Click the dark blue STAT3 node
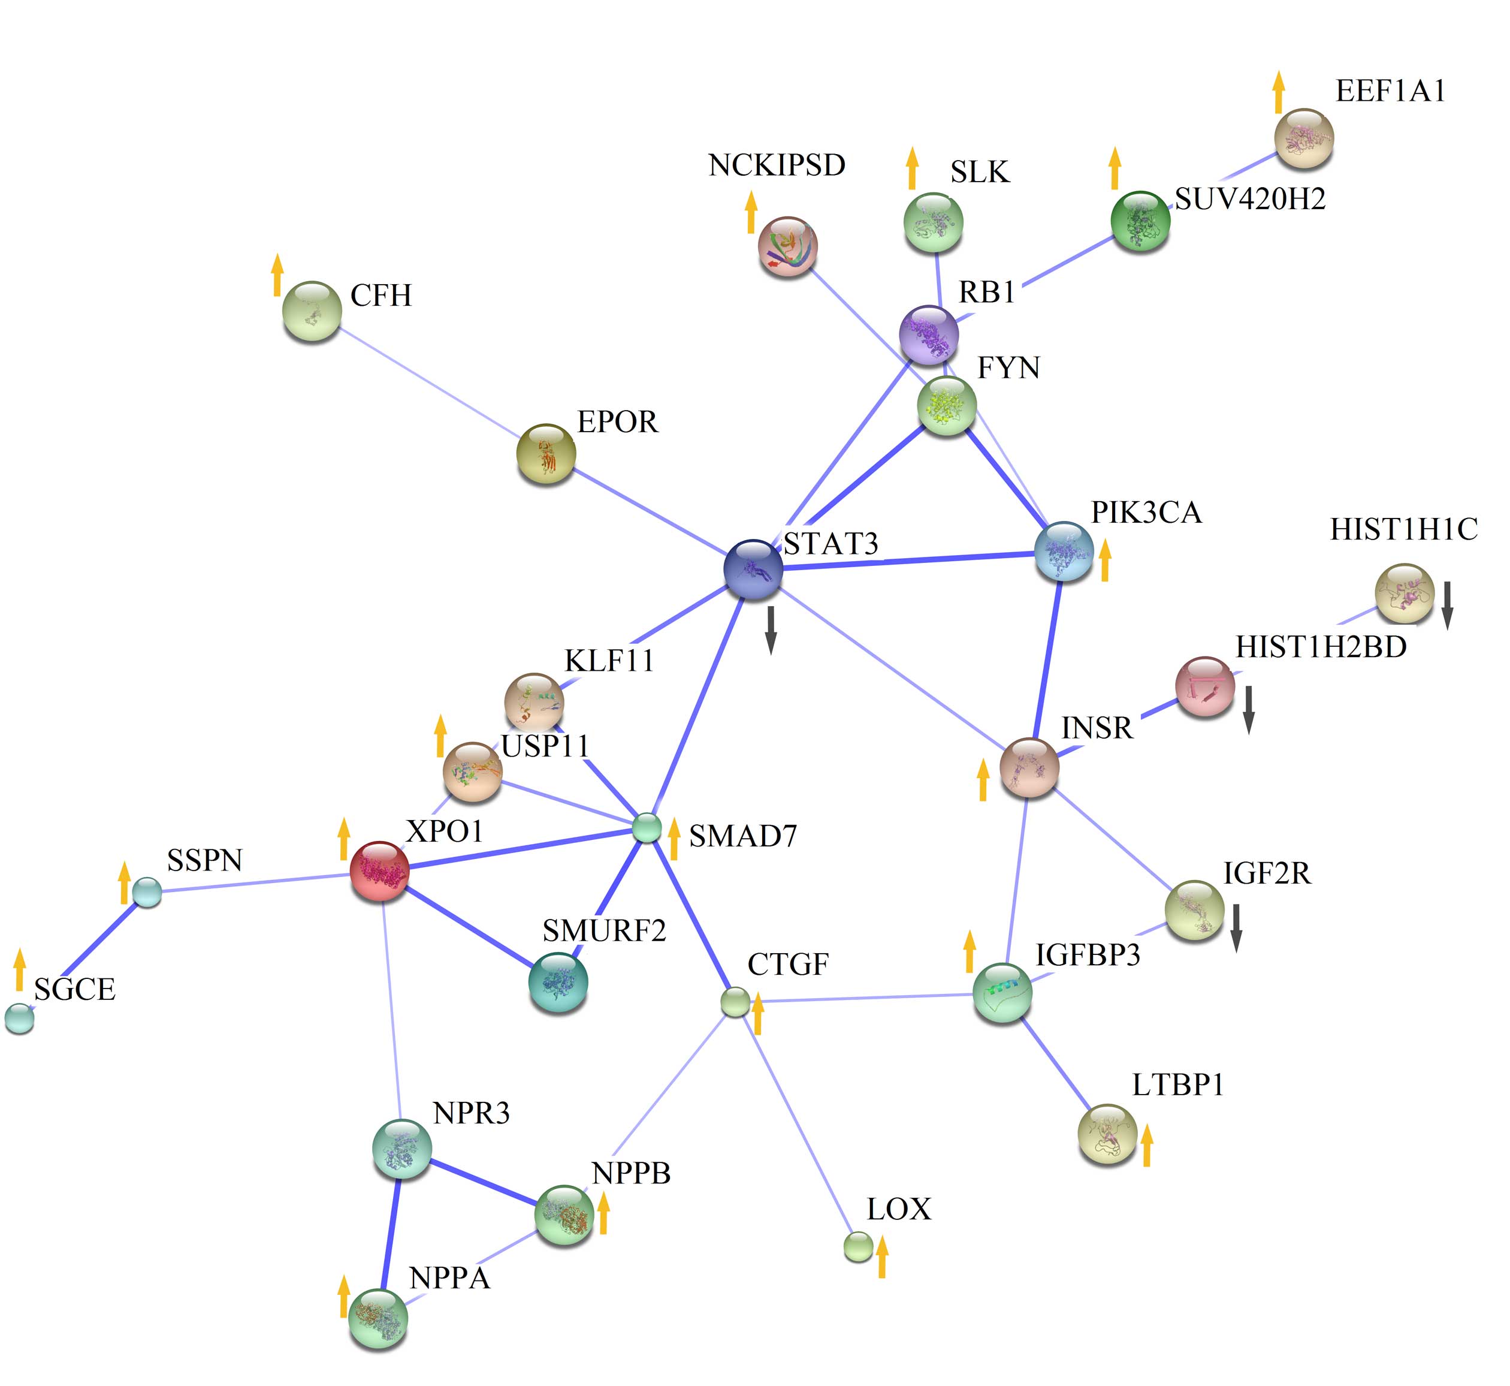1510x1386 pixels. click(x=753, y=570)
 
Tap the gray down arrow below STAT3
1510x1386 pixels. click(x=770, y=630)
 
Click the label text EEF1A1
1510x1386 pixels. click(x=1390, y=91)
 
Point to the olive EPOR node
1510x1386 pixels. click(x=546, y=454)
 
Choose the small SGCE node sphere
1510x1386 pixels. click(x=20, y=1018)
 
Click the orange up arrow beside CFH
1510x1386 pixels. click(x=277, y=275)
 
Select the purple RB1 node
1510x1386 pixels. click(x=929, y=335)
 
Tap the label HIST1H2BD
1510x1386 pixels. click(x=1320, y=646)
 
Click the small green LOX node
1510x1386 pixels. click(x=859, y=1246)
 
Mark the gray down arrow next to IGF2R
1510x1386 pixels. click(x=1236, y=928)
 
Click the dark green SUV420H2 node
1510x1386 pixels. click(x=1140, y=221)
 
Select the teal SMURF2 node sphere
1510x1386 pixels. click(x=558, y=982)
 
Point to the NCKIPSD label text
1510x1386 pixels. click(x=777, y=165)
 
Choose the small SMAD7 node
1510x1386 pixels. click(x=647, y=828)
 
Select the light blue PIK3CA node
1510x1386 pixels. click(x=1063, y=552)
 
